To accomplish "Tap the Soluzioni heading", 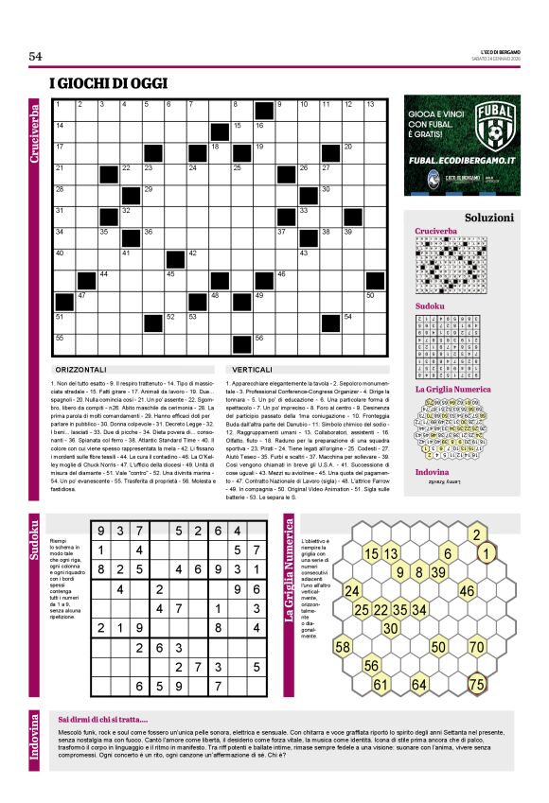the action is click(489, 217).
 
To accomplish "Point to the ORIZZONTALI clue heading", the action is click(83, 369).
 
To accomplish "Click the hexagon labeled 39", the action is click(438, 572).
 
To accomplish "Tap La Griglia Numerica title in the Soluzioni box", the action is click(453, 389).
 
